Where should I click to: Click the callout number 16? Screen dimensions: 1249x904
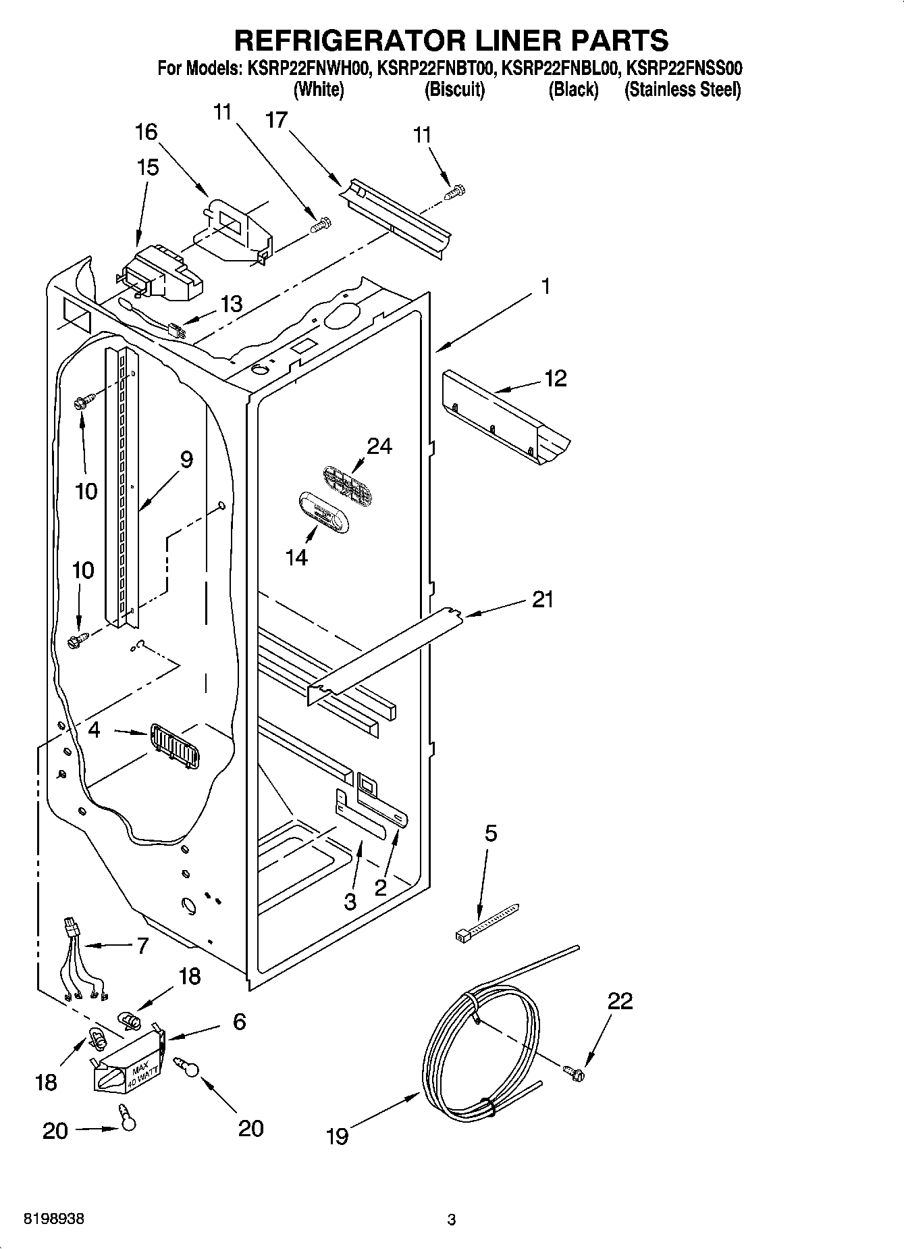coord(147,132)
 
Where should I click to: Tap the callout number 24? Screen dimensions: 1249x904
coord(379,446)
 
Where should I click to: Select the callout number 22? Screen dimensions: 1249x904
coord(620,1000)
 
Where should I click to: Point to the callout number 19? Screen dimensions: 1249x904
coord(337,1136)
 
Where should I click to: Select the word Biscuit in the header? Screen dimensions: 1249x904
coord(454,90)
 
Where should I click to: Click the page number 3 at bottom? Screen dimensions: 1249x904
coord(452,1220)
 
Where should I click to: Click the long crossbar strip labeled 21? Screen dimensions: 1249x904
coord(385,652)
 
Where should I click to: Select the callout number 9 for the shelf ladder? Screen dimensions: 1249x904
coord(186,459)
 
